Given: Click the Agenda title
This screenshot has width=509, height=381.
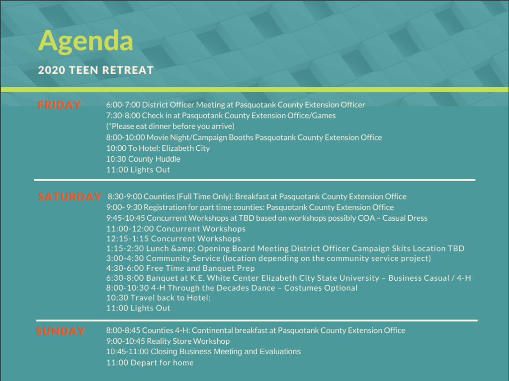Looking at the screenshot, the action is click(x=85, y=42).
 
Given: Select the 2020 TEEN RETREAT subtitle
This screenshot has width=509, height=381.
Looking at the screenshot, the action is click(x=96, y=70).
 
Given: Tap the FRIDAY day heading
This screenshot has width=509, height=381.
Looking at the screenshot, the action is click(x=60, y=105).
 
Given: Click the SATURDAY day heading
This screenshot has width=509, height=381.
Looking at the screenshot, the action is click(x=70, y=196).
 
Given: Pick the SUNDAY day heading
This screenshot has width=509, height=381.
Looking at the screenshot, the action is click(x=61, y=331).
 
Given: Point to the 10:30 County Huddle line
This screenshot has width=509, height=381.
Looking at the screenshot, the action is click(x=143, y=159).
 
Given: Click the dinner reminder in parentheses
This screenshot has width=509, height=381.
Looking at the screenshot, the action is click(x=170, y=127).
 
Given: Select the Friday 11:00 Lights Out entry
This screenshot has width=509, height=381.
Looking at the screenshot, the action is click(x=138, y=170).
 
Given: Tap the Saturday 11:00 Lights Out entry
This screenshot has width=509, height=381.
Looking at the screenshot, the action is click(x=138, y=308).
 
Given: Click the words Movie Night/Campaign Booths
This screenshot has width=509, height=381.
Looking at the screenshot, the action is click(x=200, y=137).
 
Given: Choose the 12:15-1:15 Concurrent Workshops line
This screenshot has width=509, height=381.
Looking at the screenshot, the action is click(x=173, y=239).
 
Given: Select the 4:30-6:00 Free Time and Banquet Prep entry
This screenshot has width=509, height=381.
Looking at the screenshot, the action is click(x=180, y=268).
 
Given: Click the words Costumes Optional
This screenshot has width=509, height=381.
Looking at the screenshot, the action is click(x=321, y=288).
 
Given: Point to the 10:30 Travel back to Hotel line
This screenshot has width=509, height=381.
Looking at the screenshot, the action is click(x=159, y=298).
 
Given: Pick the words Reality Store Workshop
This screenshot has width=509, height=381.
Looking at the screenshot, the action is click(x=188, y=341).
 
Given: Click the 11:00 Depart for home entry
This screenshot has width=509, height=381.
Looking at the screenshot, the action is click(x=150, y=363).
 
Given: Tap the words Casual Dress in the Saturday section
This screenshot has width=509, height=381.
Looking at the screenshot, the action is click(x=405, y=218).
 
